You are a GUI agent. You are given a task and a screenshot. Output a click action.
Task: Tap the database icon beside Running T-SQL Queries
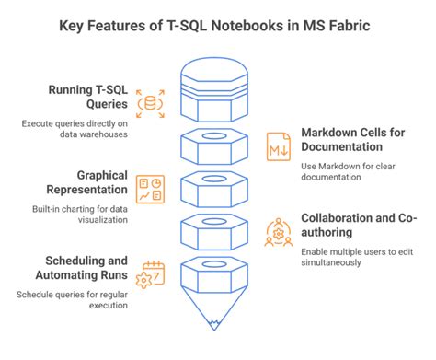[x=147, y=104]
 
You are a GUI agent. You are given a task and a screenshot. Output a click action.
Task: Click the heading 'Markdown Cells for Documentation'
[x=352, y=141]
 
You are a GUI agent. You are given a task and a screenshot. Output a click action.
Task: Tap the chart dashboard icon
[x=147, y=189]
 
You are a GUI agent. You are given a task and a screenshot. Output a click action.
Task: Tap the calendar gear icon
[x=147, y=274]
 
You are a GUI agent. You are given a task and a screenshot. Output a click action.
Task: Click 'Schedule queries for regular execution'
[x=72, y=301]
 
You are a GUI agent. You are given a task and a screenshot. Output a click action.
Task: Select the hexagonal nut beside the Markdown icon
[x=212, y=145]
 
